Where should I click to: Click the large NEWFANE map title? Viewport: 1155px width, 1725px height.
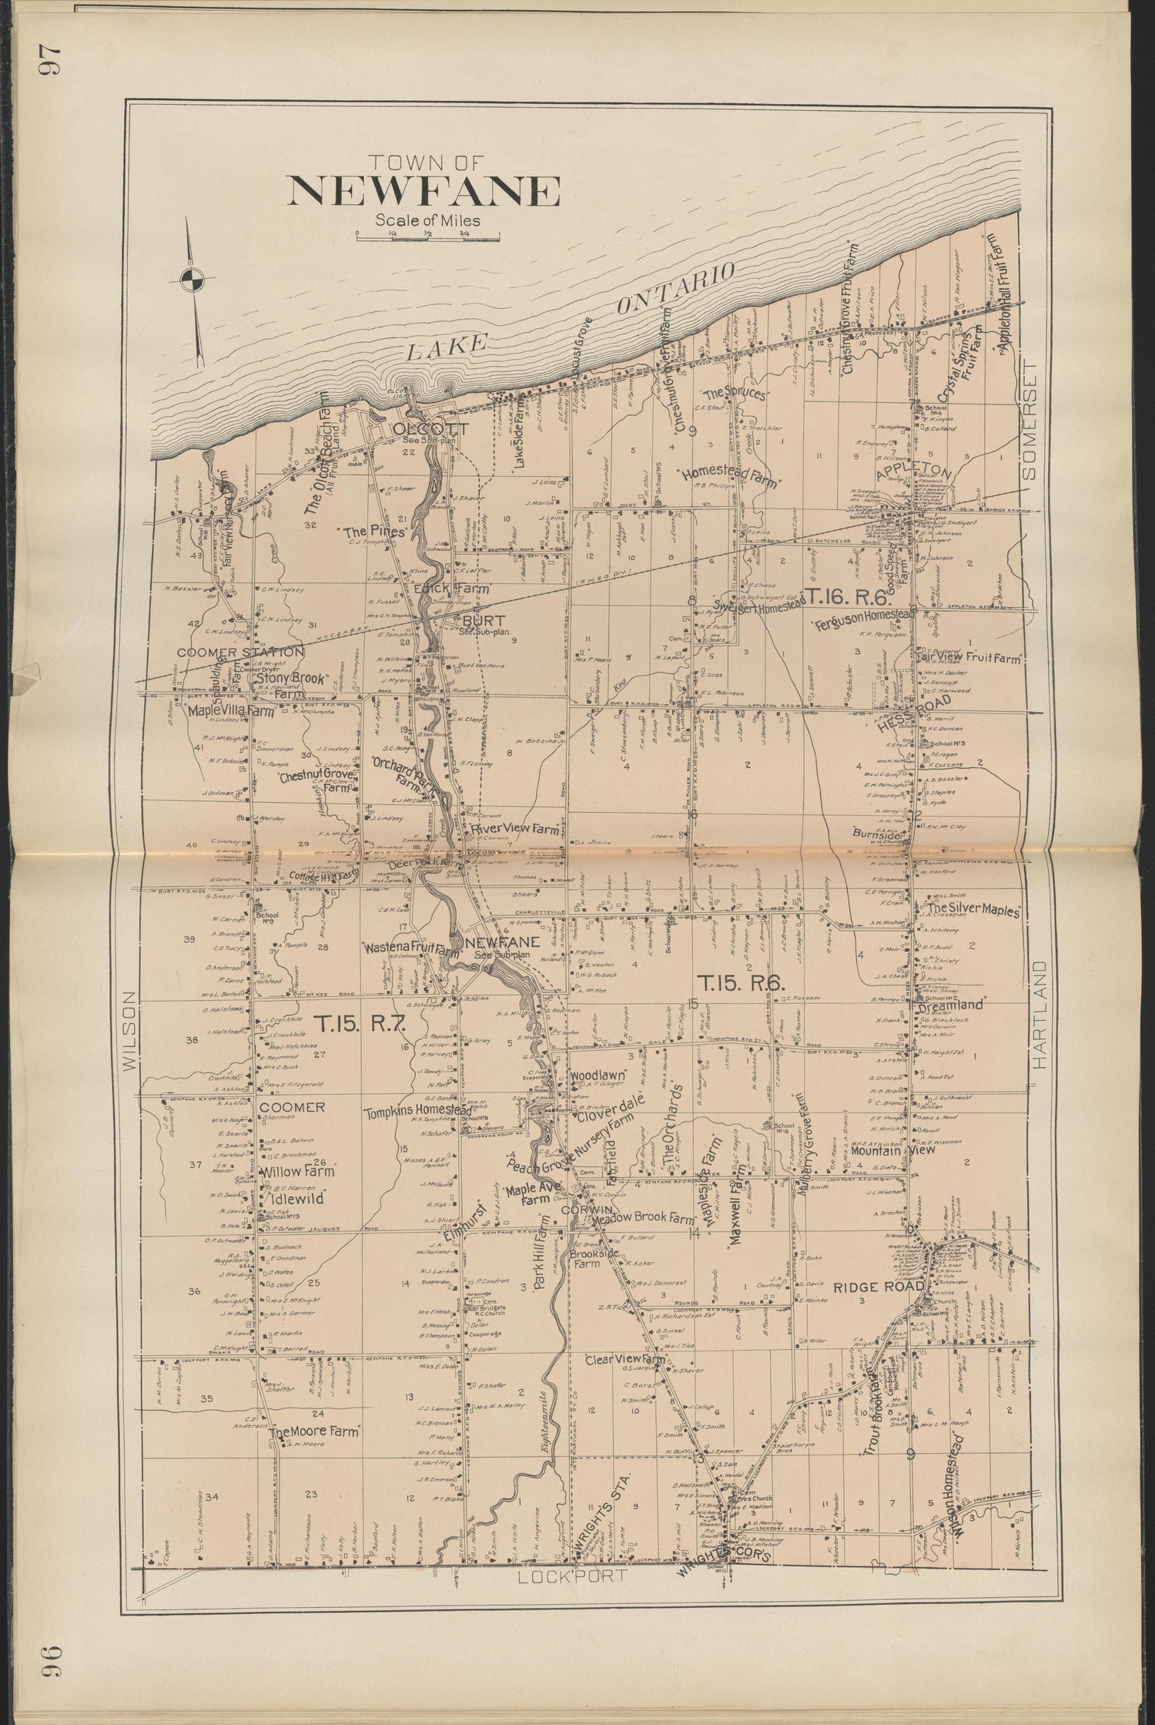(x=423, y=191)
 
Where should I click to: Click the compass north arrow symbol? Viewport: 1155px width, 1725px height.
(x=193, y=278)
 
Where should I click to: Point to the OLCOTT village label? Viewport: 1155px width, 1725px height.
(x=414, y=429)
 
